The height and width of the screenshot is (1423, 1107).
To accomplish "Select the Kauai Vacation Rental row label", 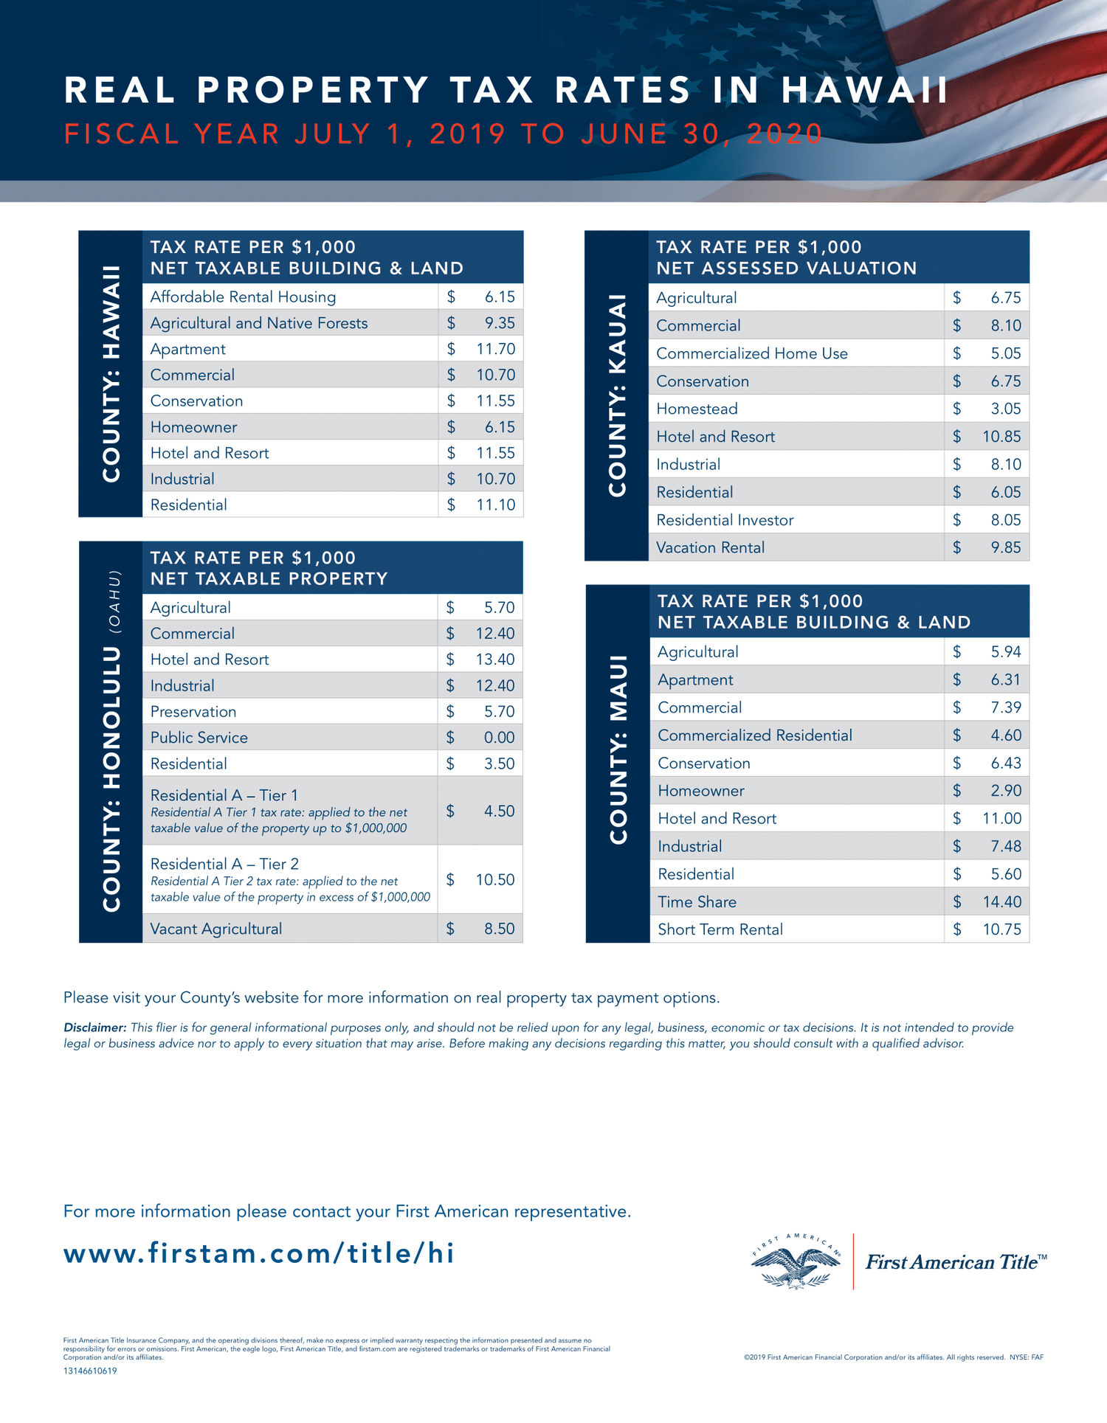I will pyautogui.click(x=710, y=547).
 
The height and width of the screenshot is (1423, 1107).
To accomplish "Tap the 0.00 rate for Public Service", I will pyautogui.click(x=499, y=738).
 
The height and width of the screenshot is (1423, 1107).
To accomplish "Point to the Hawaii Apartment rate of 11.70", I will pyautogui.click(x=495, y=349).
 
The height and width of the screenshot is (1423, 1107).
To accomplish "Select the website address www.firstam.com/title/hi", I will pyautogui.click(x=259, y=1253).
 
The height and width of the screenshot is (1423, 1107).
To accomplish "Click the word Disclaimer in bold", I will pyautogui.click(x=94, y=1028).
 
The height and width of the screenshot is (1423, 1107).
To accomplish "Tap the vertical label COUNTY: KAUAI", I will pyautogui.click(x=617, y=395).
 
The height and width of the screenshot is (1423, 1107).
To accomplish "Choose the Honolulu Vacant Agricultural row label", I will pyautogui.click(x=216, y=929).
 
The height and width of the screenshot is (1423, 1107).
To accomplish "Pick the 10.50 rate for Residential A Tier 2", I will pyautogui.click(x=495, y=879).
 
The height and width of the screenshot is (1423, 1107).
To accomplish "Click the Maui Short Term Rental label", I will pyautogui.click(x=720, y=929).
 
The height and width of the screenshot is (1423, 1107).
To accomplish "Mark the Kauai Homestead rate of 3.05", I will pyautogui.click(x=1006, y=409).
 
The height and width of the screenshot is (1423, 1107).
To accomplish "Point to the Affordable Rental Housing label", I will pyautogui.click(x=243, y=297).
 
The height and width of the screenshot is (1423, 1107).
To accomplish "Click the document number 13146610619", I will pyautogui.click(x=90, y=1371).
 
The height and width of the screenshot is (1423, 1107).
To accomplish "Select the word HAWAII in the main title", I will pyautogui.click(x=865, y=91).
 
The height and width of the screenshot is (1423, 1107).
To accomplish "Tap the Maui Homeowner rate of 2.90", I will pyautogui.click(x=1006, y=791).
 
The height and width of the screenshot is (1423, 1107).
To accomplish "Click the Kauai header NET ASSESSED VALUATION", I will pyautogui.click(x=786, y=269).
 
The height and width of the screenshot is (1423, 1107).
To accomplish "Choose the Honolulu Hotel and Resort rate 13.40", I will pyautogui.click(x=495, y=659).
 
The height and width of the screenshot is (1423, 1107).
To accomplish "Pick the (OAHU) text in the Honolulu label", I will pyautogui.click(x=114, y=602).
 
